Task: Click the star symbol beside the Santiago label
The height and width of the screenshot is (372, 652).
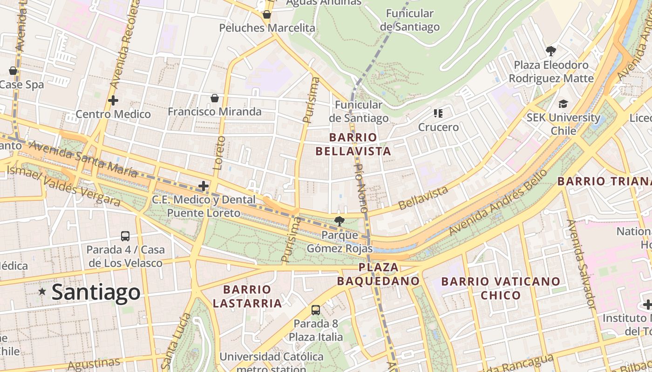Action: [x=42, y=292]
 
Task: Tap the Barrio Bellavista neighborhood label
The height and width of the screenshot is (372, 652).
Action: [x=353, y=144]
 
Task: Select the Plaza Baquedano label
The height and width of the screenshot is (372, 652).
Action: [x=378, y=274]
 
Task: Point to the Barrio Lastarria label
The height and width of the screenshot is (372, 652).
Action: [x=247, y=296]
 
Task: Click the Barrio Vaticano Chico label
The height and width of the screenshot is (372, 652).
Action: [x=501, y=288]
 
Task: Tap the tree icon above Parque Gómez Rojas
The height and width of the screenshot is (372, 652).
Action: [x=340, y=221]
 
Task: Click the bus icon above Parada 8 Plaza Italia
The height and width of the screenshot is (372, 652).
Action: [x=316, y=310]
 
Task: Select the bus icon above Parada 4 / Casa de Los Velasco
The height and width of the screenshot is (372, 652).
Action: [x=125, y=236]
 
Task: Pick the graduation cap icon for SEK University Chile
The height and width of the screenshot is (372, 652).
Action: [x=564, y=104]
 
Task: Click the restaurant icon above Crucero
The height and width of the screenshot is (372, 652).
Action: [x=438, y=113]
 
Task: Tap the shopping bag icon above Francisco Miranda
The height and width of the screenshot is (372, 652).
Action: [x=214, y=98]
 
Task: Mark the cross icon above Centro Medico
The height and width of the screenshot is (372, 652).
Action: [x=113, y=100]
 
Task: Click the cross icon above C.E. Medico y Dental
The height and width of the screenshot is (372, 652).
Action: [x=204, y=186]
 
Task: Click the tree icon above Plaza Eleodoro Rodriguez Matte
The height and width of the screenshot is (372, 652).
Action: [x=551, y=51]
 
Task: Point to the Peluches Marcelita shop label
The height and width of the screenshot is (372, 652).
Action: [x=267, y=28]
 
